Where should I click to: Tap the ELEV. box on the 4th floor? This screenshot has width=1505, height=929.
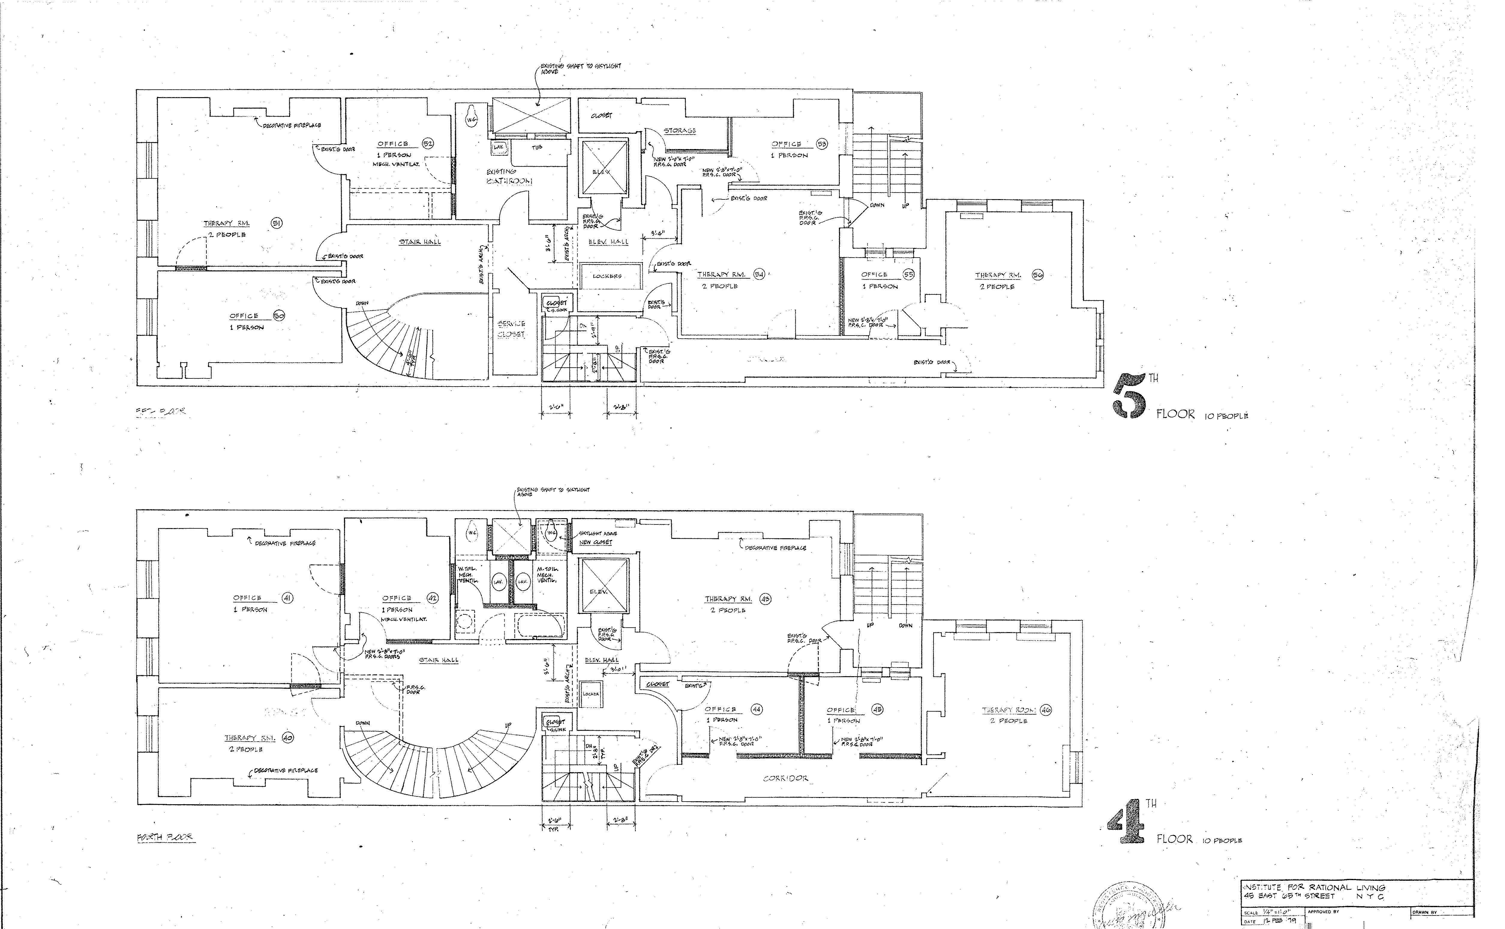tap(598, 591)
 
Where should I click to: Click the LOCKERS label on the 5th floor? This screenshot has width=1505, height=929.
tap(607, 276)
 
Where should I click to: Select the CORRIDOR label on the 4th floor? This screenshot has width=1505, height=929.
tap(785, 778)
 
